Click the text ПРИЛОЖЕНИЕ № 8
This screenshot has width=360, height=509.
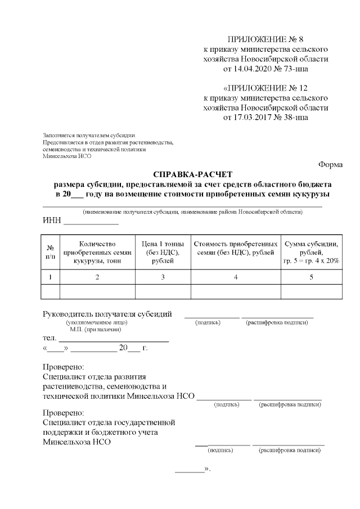265,39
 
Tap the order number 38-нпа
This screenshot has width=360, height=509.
292,118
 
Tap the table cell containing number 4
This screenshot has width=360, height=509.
236,277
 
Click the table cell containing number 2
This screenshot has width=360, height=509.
97,277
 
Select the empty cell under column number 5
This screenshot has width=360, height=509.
311,291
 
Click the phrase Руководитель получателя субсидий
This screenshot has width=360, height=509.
107,314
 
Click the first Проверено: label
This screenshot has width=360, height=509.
63,366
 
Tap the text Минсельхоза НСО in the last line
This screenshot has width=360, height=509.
76,442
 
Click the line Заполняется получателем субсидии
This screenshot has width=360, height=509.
89,136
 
